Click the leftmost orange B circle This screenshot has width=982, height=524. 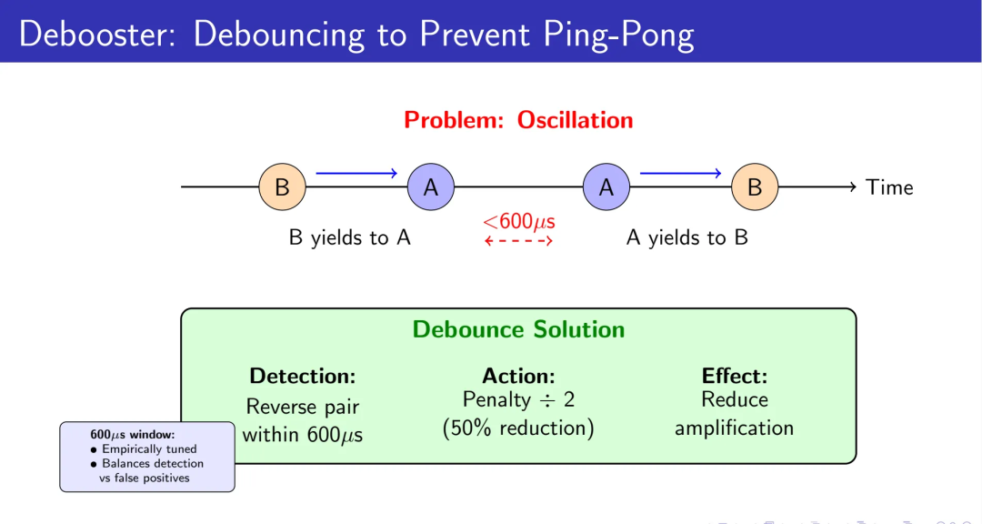[283, 187]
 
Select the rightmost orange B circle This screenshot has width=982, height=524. [755, 187]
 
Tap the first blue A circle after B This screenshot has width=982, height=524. [431, 187]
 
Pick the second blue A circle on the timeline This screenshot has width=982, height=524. [606, 187]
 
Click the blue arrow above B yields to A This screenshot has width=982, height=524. [356, 172]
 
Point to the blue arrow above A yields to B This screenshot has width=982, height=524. [681, 172]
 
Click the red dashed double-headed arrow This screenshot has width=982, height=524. [519, 241]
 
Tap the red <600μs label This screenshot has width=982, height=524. [519, 221]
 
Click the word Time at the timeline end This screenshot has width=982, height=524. [889, 187]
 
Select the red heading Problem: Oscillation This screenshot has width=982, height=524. [518, 120]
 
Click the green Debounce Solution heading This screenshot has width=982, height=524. [518, 329]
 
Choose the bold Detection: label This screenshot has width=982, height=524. [302, 376]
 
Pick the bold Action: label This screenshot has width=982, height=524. [518, 376]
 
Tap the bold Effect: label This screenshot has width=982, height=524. [735, 376]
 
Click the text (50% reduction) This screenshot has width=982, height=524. [518, 428]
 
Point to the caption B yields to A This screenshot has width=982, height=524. [350, 238]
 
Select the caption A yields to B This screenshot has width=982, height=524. [687, 238]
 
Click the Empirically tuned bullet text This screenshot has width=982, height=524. [149, 448]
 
